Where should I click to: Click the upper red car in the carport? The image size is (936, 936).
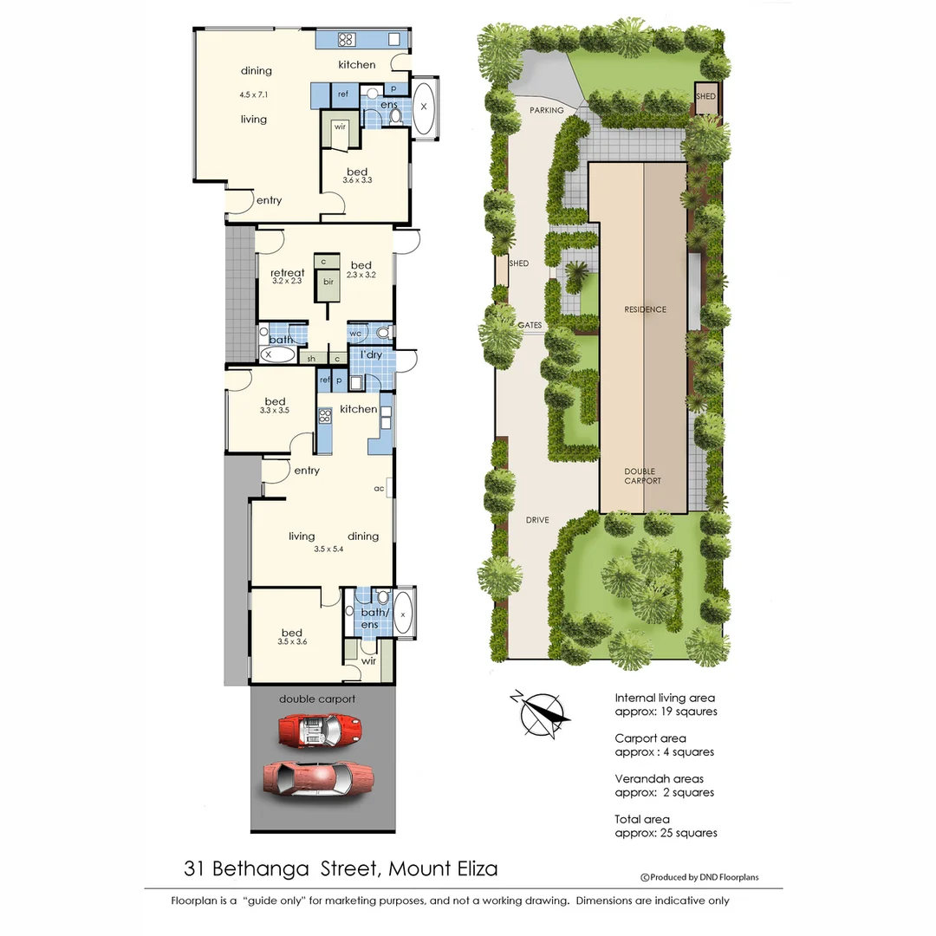pyautogui.click(x=318, y=731)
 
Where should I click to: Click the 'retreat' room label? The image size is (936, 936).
pyautogui.click(x=287, y=273)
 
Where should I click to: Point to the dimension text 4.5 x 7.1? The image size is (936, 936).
pyautogui.click(x=255, y=94)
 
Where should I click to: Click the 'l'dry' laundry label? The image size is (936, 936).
pyautogui.click(x=371, y=355)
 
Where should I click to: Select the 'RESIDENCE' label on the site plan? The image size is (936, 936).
pyautogui.click(x=645, y=309)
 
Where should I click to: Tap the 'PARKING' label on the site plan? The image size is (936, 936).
pyautogui.click(x=547, y=110)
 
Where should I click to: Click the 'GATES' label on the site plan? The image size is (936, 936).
pyautogui.click(x=530, y=326)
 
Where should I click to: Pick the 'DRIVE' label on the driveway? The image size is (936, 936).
pyautogui.click(x=537, y=521)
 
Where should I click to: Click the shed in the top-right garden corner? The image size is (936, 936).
pyautogui.click(x=705, y=97)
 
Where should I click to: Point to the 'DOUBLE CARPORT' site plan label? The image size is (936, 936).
pyautogui.click(x=643, y=477)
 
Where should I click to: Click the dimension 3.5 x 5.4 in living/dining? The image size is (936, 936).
pyautogui.click(x=328, y=549)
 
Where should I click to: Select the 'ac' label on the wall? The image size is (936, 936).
pyautogui.click(x=379, y=489)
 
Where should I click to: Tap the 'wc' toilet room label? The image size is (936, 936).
pyautogui.click(x=355, y=333)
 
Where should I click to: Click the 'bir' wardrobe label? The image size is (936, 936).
pyautogui.click(x=328, y=282)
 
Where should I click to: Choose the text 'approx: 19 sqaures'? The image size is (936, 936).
pyautogui.click(x=666, y=712)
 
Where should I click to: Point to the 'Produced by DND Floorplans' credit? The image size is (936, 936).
pyautogui.click(x=699, y=877)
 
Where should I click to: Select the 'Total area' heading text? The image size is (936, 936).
pyautogui.click(x=641, y=819)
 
